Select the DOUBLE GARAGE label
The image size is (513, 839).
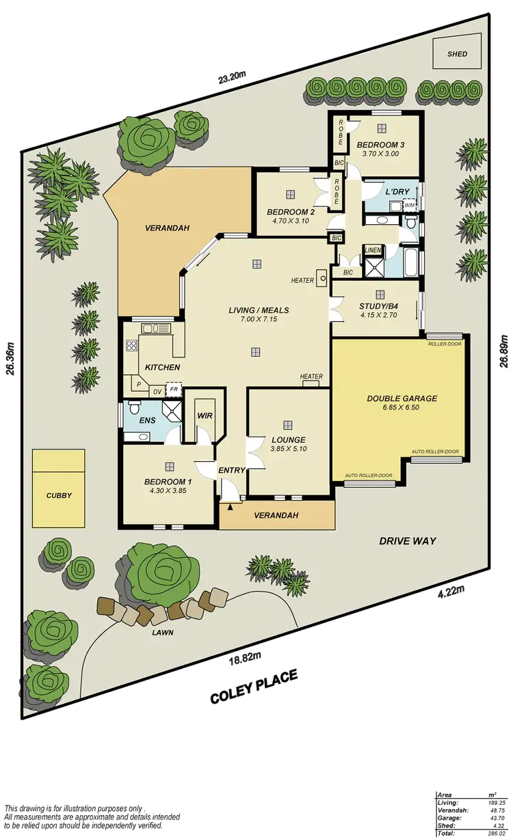click(x=402, y=398)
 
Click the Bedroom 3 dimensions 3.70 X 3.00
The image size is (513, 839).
click(x=380, y=154)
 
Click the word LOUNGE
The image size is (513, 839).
click(x=287, y=439)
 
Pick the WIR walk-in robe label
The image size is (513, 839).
click(x=205, y=415)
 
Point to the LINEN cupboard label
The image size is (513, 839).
click(x=373, y=250)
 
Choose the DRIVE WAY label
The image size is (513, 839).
click(x=408, y=541)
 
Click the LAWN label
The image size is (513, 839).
click(x=163, y=633)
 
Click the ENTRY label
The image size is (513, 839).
click(x=231, y=470)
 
